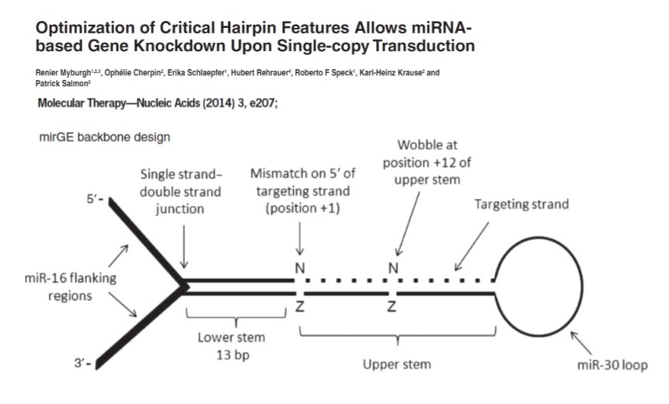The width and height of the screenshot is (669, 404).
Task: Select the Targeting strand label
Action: (x=522, y=204)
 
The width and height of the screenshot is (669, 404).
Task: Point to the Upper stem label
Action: (x=398, y=363)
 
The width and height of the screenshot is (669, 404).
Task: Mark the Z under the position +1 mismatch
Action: (x=299, y=307)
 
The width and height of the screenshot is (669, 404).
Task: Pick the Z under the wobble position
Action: (x=394, y=307)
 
